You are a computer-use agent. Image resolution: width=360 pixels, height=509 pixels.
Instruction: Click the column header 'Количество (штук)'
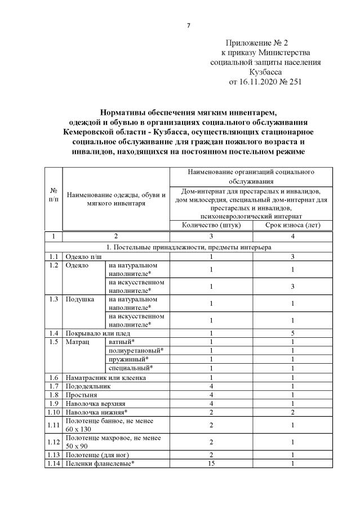pos(211,225)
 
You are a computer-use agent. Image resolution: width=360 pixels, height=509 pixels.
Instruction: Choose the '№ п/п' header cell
pos(53,195)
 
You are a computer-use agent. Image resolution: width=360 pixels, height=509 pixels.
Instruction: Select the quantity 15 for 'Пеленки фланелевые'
pos(211,463)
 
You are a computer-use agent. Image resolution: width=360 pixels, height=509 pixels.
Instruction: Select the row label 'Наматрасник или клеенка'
pos(106,378)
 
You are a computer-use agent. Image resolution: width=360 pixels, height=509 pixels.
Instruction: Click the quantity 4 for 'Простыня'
pos(211,396)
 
